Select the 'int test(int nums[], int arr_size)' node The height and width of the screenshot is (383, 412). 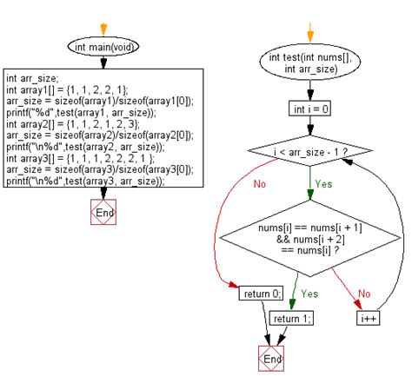309,66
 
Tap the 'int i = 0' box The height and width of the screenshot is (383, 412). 309,109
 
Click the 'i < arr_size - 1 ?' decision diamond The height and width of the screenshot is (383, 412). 310,154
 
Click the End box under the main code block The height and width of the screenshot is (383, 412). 103,213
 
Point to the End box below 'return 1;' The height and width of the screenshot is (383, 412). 272,359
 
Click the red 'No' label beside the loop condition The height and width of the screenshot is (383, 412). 260,183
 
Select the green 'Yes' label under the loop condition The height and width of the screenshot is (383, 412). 323,183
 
